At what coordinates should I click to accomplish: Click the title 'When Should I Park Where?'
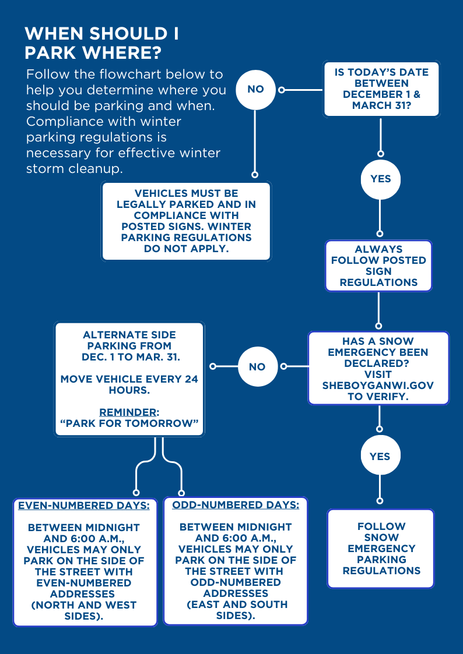pos(102,43)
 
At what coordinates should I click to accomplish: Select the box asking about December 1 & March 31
pos(381,89)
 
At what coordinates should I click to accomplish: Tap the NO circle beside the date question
pos(255,89)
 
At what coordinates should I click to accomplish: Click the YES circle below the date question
pos(380,179)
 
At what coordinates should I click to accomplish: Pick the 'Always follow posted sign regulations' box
pos(378,266)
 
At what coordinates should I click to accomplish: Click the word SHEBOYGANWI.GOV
pos(378,386)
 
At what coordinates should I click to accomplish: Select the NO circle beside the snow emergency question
pos(257,367)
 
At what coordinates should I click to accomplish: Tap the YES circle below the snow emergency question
pos(380,457)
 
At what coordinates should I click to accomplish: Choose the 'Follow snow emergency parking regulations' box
pos(381,549)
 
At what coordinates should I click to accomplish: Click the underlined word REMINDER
pos(129,412)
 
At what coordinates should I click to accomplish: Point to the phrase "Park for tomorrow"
pos(129,423)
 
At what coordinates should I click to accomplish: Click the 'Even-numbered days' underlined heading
pos(84,505)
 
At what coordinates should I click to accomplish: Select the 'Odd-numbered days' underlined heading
pos(236,504)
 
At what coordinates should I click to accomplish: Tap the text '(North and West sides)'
pos(84,610)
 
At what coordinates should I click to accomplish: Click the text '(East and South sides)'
pos(236,610)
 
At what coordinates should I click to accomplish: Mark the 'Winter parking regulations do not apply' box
pos(186,221)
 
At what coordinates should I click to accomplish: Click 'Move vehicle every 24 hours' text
pos(129,384)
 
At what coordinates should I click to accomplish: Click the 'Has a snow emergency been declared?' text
pos(378,352)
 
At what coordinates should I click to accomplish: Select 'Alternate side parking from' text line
pos(129,340)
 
